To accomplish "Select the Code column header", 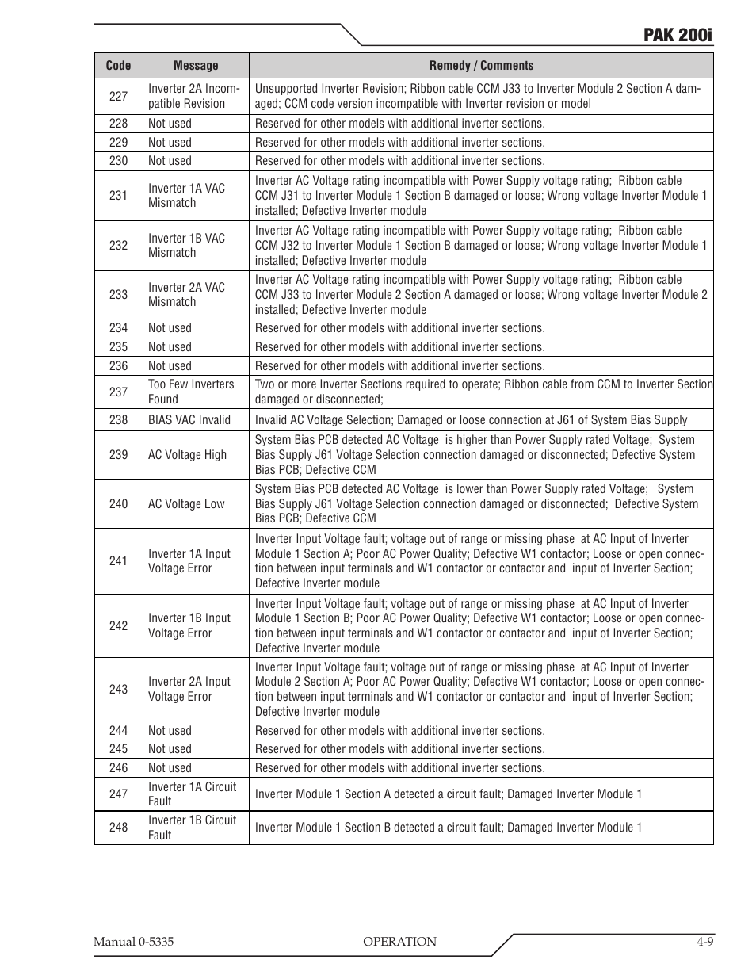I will (118, 66).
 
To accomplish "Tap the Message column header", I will (195, 66).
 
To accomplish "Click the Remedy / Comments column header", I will (481, 66).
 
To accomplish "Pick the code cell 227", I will (118, 96).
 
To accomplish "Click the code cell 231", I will (118, 195).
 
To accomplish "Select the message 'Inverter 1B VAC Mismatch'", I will (186, 245).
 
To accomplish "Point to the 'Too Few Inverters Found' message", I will (191, 392).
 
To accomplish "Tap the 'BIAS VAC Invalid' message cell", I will (189, 420).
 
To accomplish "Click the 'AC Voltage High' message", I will (187, 455).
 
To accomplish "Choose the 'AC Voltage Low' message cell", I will (186, 504).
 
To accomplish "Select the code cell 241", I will (118, 560).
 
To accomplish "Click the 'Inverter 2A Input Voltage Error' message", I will (189, 689).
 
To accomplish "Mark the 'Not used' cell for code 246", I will (170, 767).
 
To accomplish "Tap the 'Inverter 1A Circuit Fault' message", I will (192, 794).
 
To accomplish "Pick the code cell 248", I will (118, 827).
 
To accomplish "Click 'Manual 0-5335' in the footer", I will (133, 942).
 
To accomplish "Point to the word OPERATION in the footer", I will (399, 942).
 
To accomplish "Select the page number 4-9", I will (705, 942).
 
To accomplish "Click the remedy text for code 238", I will (471, 420).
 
